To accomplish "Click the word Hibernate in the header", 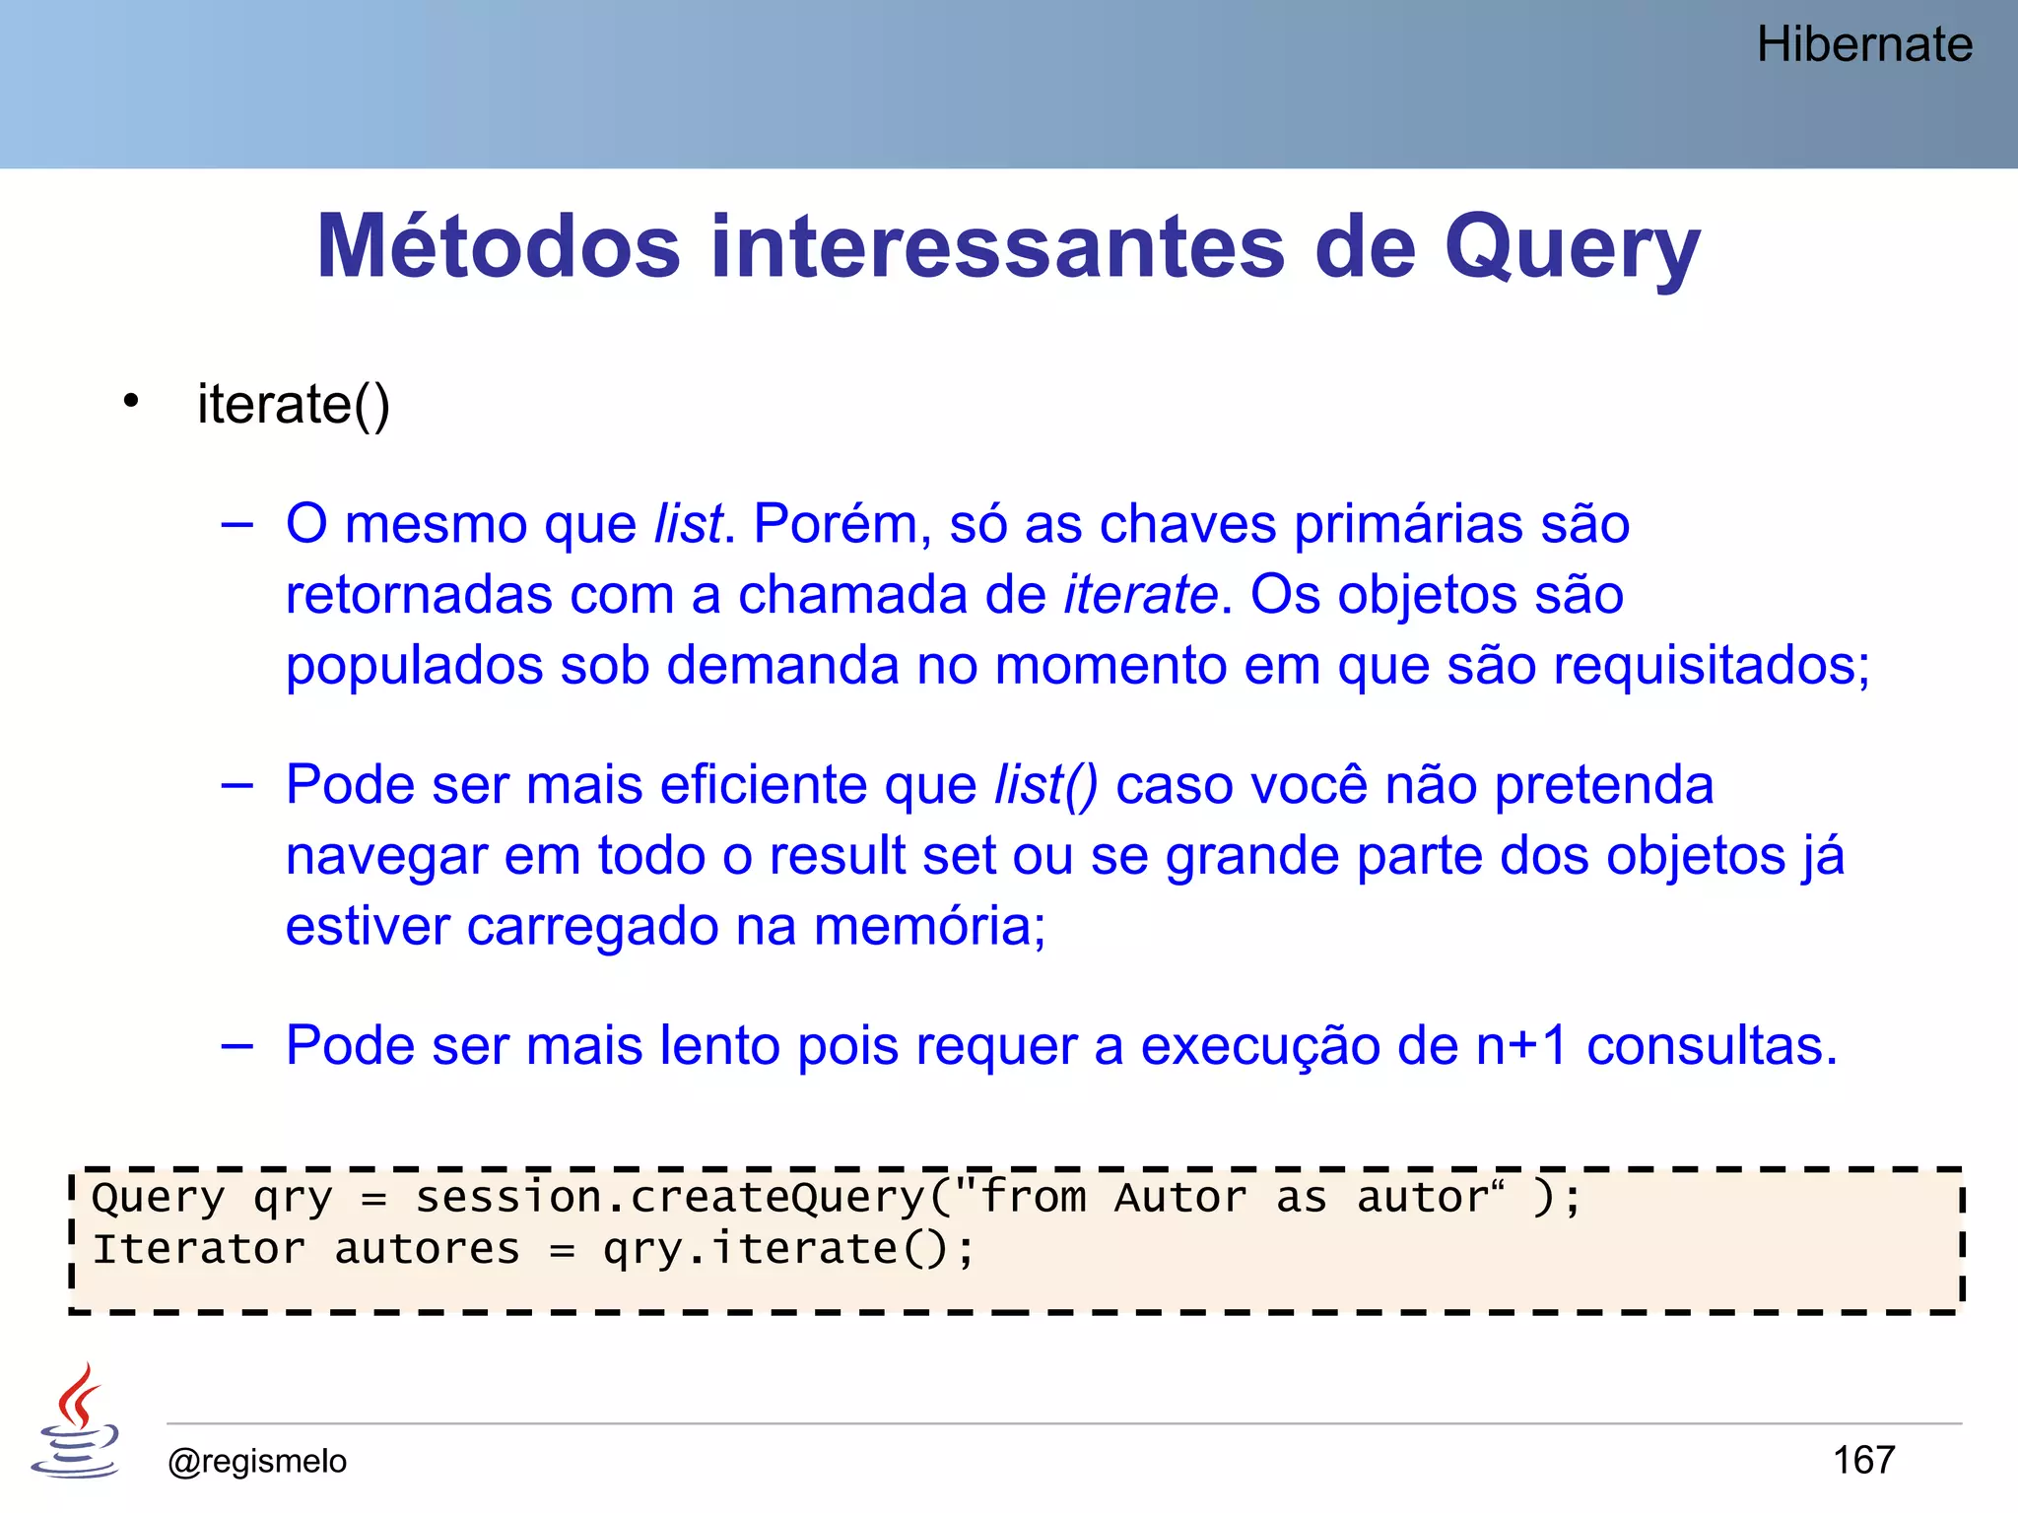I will [1864, 45].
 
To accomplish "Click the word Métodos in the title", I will [499, 246].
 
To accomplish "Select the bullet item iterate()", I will [294, 405].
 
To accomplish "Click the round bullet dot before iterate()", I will [131, 401].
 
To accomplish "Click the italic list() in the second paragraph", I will [1045, 785].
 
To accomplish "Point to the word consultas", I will [1712, 1046].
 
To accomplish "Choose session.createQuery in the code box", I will [670, 1198].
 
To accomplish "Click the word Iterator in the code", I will [198, 1249].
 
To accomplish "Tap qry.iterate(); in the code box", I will [789, 1250].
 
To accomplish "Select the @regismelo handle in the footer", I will [257, 1461].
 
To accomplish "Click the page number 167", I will [1863, 1460].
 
